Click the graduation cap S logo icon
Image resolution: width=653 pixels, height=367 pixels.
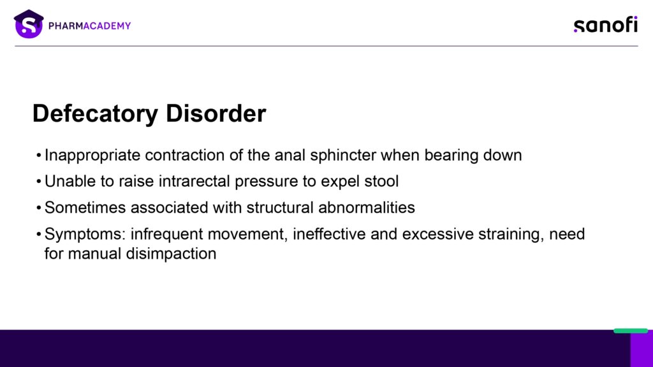[29, 24]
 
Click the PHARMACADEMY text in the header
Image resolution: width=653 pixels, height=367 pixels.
[89, 25]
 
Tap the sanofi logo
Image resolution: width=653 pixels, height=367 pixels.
[606, 25]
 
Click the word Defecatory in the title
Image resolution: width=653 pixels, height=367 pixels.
[96, 113]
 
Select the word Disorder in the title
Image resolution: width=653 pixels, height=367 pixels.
[216, 113]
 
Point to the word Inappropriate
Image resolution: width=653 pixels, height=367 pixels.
[92, 155]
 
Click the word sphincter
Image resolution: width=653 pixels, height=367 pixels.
[342, 155]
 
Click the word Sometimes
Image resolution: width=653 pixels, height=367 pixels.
[85, 207]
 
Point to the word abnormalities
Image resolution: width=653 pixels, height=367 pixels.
[367, 207]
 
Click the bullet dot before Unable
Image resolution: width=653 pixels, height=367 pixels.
[39, 182]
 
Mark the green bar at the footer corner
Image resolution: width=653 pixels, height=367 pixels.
[631, 331]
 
